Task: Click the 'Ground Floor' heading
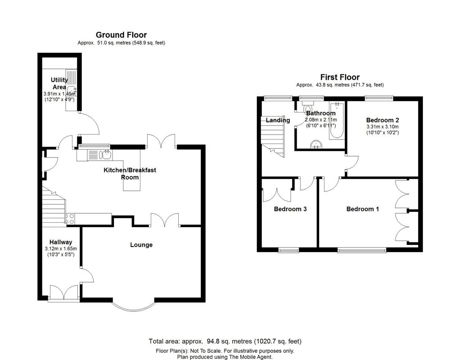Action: (121, 35)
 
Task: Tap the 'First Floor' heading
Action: (340, 77)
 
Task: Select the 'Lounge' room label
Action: (141, 245)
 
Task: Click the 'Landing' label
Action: (278, 120)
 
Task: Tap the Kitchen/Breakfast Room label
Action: (130, 173)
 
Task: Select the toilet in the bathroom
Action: (309, 108)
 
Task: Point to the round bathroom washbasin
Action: (317, 144)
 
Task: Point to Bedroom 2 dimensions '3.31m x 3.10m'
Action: (382, 126)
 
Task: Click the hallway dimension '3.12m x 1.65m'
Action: (61, 249)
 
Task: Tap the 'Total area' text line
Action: (225, 341)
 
